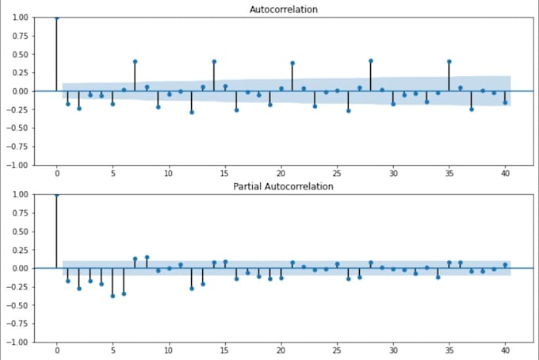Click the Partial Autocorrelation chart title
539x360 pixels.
point(284,186)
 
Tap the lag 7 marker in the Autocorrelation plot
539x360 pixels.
point(136,61)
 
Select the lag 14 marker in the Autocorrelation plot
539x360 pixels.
point(214,61)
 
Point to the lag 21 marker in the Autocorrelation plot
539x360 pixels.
point(292,63)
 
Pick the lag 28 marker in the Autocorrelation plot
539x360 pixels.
point(370,60)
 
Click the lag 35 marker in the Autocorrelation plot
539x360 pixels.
point(449,61)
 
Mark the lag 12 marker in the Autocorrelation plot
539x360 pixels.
point(192,113)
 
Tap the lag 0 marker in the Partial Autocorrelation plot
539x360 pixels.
point(57,194)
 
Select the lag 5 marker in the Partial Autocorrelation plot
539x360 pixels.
point(113,296)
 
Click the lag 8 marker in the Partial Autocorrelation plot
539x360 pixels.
point(147,257)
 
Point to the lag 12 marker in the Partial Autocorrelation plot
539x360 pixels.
point(192,289)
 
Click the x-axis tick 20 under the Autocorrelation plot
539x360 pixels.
point(281,173)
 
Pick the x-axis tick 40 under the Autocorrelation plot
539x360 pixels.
point(504,173)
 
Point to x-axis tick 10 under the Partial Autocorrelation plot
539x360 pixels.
point(169,350)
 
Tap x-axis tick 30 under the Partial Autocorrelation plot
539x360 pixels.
point(392,350)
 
